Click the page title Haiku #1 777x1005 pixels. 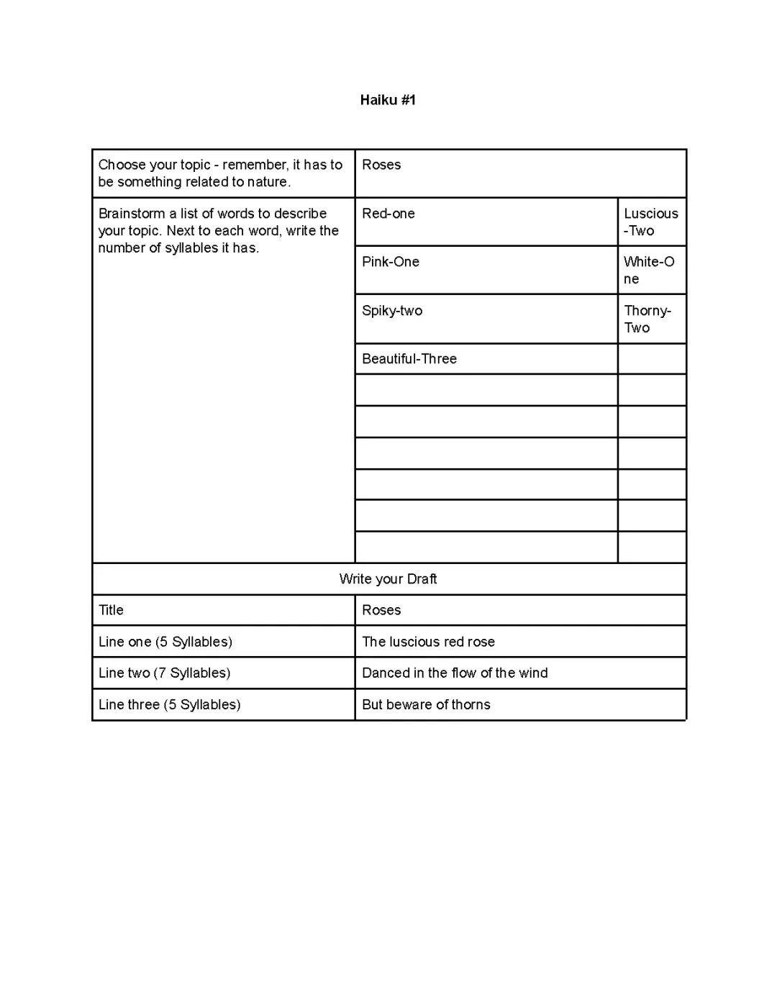click(388, 100)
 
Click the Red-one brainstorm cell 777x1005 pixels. click(388, 214)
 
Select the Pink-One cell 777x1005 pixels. click(391, 262)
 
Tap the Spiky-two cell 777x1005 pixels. click(392, 311)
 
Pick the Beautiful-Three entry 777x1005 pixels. click(409, 359)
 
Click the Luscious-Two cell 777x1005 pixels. click(650, 222)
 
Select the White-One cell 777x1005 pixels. click(649, 270)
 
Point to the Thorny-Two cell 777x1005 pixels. click(647, 319)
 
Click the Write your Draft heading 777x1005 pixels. click(388, 579)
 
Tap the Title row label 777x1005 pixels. click(112, 610)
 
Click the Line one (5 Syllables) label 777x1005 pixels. click(165, 642)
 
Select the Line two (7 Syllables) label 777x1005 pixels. click(165, 673)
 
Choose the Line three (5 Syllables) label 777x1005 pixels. click(170, 704)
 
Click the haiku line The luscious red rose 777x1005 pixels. click(428, 642)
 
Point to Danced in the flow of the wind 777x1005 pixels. click(455, 673)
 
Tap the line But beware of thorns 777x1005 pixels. click(426, 704)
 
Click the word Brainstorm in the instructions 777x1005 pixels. click(132, 214)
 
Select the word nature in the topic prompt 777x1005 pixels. click(268, 182)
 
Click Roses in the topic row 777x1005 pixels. click(381, 165)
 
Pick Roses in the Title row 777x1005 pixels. click(381, 610)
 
